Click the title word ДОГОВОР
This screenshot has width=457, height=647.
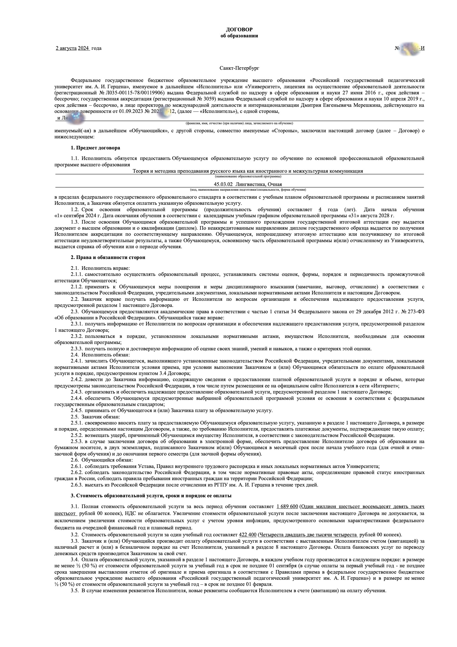pyautogui.click(x=239, y=30)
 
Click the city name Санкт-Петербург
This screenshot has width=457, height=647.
pyautogui.click(x=239, y=68)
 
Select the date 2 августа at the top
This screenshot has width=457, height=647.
pyautogui.click(x=66, y=48)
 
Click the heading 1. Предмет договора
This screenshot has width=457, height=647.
pyautogui.click(x=95, y=148)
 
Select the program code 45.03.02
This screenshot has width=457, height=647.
pyautogui.click(x=223, y=184)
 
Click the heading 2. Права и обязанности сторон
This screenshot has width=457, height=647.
pyautogui.click(x=108, y=258)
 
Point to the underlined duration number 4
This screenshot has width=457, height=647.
pyautogui.click(x=320, y=210)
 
